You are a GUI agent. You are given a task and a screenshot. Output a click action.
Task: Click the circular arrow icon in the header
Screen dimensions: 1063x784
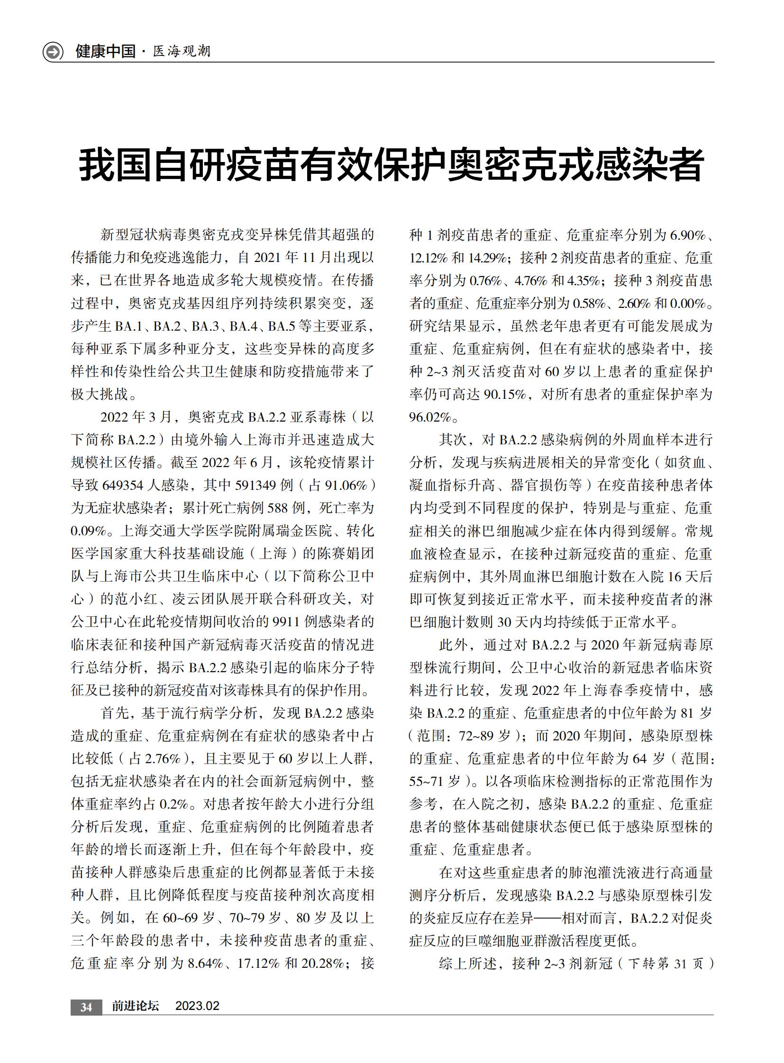tap(53, 52)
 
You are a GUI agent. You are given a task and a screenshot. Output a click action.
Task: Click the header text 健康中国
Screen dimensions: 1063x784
tap(105, 51)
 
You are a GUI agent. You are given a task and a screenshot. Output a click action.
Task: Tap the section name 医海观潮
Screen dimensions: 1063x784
tap(182, 51)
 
